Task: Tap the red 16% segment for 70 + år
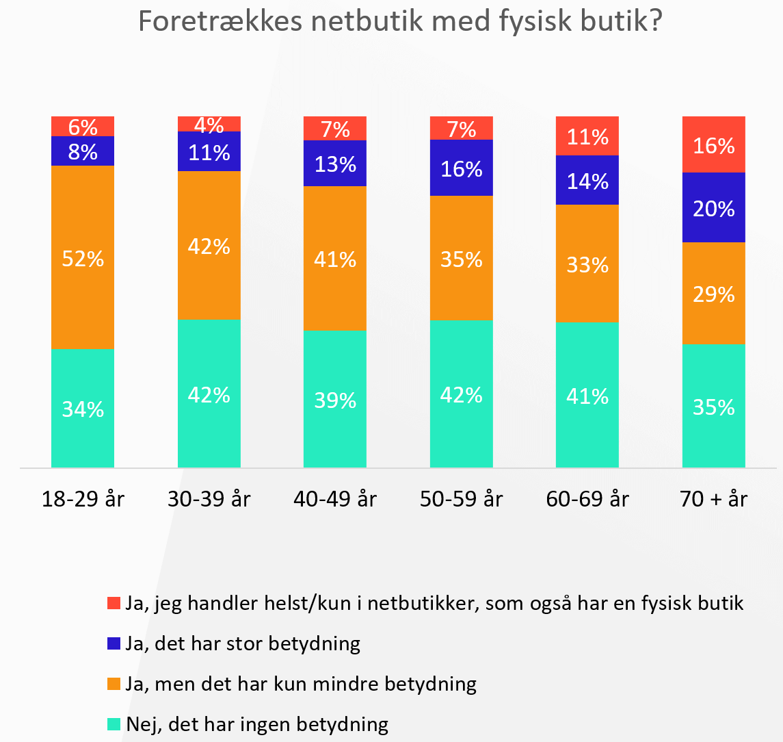tap(714, 144)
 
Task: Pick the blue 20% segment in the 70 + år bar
tap(714, 207)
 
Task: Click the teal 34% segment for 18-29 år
tap(83, 409)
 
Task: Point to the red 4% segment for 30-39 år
tap(209, 124)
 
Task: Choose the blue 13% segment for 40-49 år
tap(335, 164)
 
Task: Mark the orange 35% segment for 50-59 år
tap(462, 258)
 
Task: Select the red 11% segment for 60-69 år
tap(587, 136)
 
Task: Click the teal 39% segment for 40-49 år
tap(335, 400)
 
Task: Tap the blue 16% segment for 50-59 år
tap(462, 168)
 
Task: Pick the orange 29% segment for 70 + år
tap(714, 294)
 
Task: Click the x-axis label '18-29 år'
tap(83, 499)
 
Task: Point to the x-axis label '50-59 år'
tap(462, 499)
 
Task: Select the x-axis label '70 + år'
tap(714, 499)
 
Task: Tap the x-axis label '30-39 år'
tap(209, 499)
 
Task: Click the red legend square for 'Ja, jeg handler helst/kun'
tap(114, 603)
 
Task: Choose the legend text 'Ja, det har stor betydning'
tap(243, 643)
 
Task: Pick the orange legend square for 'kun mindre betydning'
tap(114, 683)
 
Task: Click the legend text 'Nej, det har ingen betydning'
tap(256, 724)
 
